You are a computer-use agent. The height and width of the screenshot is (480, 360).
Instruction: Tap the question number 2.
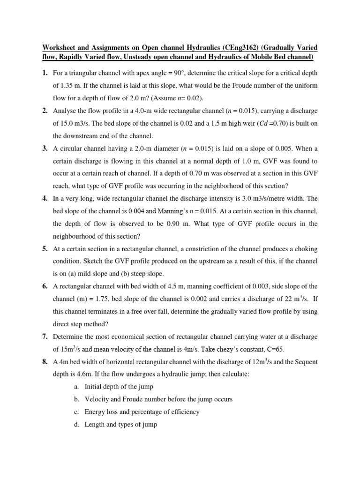click(45, 111)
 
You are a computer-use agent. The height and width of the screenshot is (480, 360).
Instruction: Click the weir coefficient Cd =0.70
click(255, 123)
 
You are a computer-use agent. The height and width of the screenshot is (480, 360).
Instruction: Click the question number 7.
click(45, 337)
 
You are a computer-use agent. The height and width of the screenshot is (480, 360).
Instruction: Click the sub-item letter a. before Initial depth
click(76, 387)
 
